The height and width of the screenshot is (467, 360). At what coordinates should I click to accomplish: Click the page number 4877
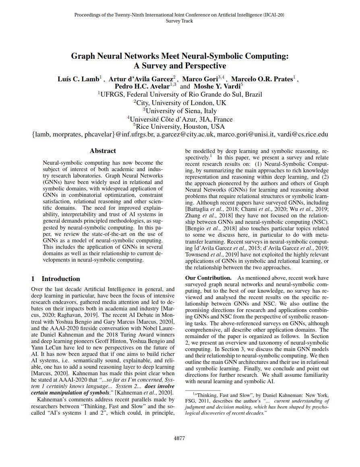179,438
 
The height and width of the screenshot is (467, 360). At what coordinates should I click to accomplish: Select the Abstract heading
103,151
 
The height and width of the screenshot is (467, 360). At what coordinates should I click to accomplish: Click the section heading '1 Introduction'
56,279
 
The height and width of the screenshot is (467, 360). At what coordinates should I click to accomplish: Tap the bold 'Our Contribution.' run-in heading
208,278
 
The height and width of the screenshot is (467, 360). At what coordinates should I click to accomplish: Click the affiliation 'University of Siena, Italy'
181,111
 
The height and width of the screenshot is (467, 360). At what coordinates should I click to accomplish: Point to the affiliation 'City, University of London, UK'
181,103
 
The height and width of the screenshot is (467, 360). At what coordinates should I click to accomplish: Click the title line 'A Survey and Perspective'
180,66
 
